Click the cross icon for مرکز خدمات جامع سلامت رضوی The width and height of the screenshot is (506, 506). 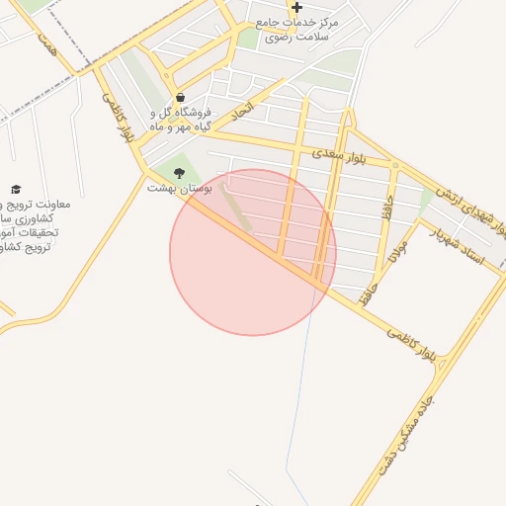point(296,8)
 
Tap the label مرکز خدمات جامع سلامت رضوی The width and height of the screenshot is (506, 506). point(296,29)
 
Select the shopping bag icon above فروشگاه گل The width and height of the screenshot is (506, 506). point(180,98)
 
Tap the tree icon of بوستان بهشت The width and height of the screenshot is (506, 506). point(178,174)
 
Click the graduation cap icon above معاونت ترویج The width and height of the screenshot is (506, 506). point(15,189)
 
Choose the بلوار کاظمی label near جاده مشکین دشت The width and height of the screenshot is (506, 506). point(411,341)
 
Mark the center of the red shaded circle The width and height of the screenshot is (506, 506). point(253,252)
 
